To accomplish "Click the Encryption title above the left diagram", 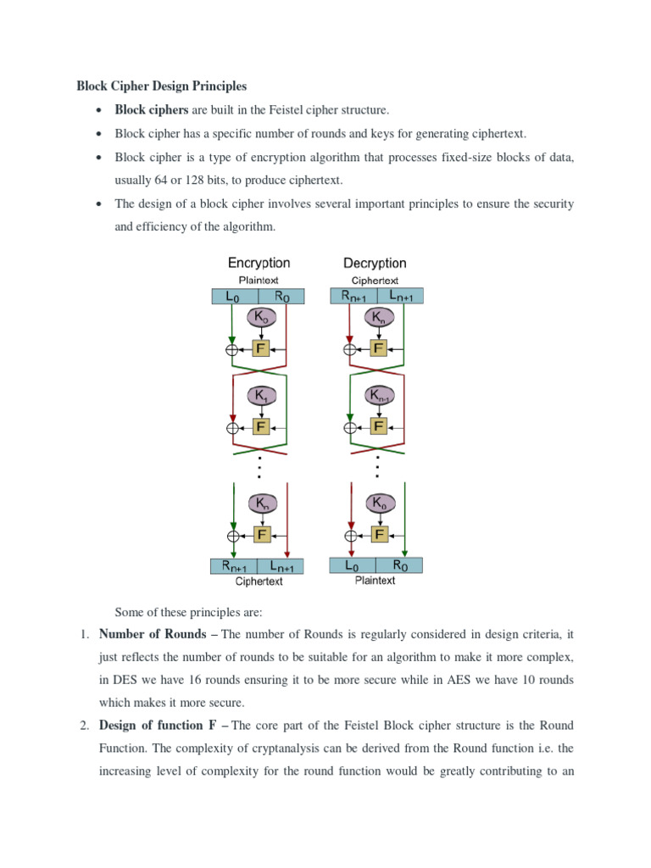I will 259,263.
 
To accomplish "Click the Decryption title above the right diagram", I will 375,263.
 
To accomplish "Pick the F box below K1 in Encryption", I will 261,426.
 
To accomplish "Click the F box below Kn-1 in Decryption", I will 379,426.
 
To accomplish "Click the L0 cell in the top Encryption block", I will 232,297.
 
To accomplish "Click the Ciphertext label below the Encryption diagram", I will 259,582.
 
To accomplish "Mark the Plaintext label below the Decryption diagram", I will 375,581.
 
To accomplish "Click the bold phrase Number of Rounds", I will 153,634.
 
